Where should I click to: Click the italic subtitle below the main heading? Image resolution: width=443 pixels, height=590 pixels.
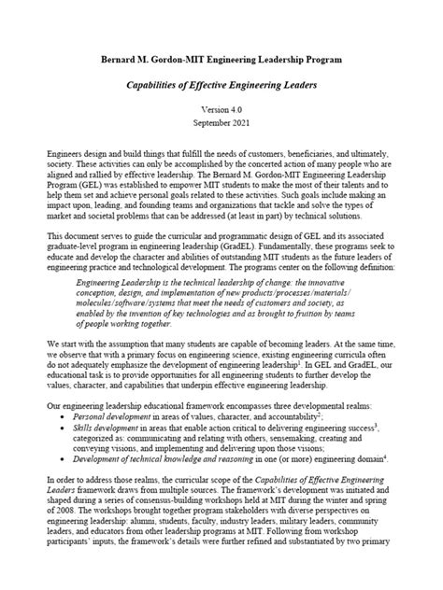point(221,85)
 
